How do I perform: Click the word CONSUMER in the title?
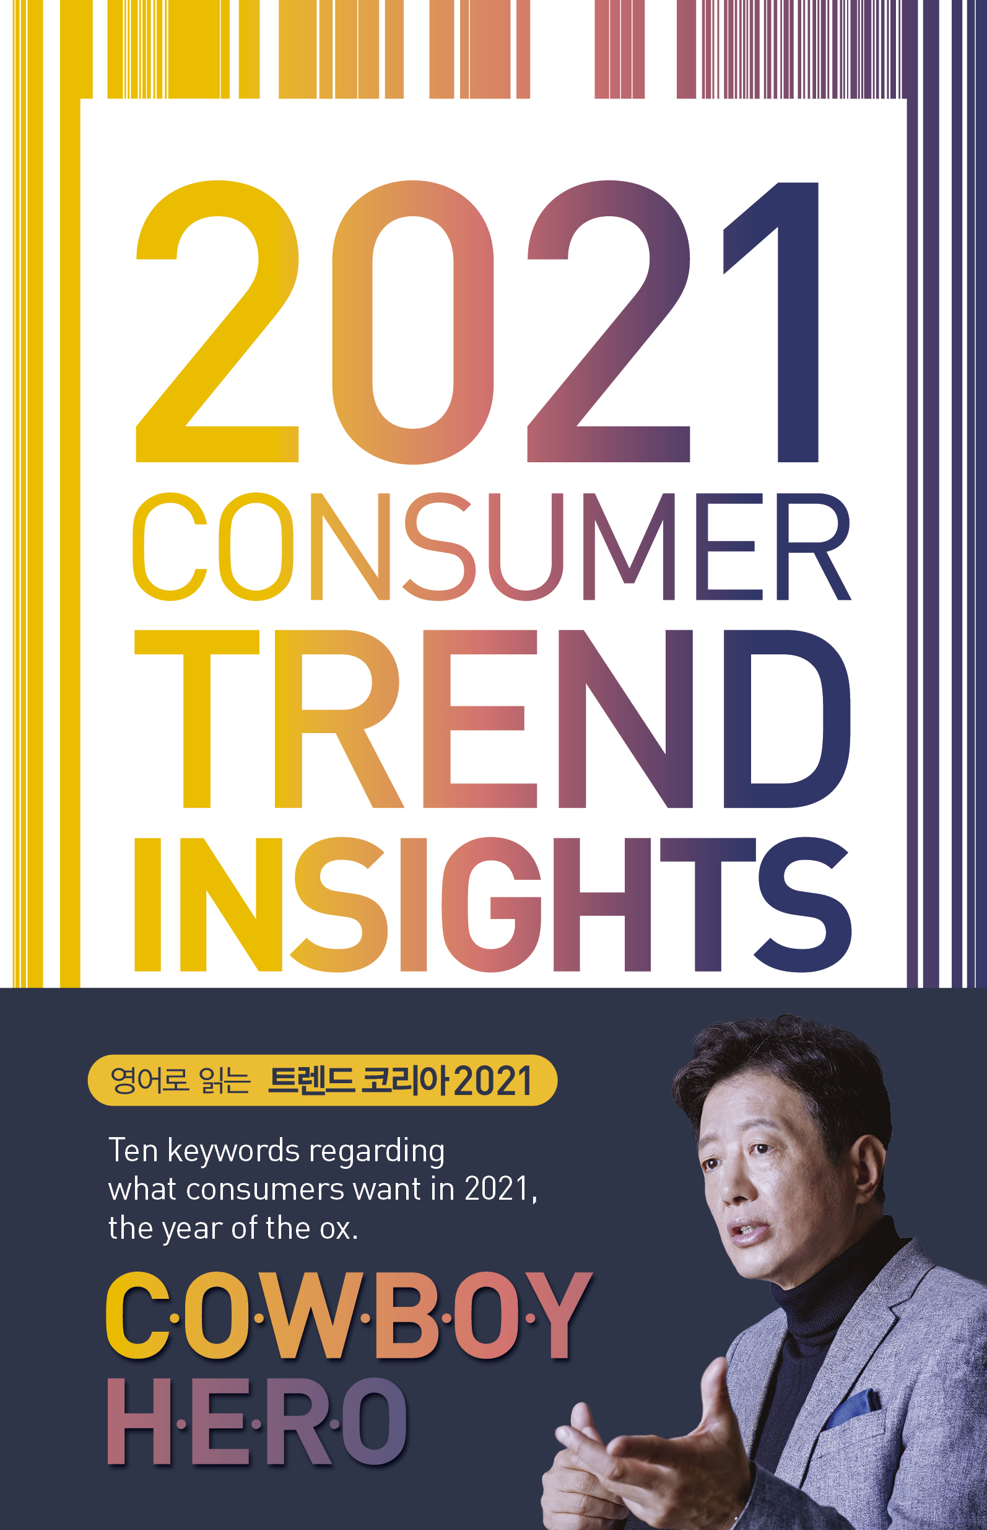[x=492, y=547]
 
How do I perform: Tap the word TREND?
[x=492, y=719]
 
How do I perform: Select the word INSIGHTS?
[x=492, y=904]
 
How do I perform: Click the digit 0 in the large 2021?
[x=413, y=322]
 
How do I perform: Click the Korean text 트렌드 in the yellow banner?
[x=310, y=1080]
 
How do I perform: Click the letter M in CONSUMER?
[x=629, y=547]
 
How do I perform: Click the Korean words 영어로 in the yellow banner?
[x=149, y=1079]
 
